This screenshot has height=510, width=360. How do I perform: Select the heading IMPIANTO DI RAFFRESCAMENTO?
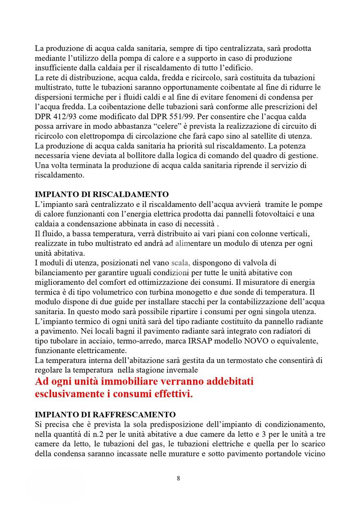105,414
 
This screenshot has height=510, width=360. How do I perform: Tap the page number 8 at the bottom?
179,478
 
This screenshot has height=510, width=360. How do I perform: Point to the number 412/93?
68,116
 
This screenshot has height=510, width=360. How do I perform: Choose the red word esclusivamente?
69,394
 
